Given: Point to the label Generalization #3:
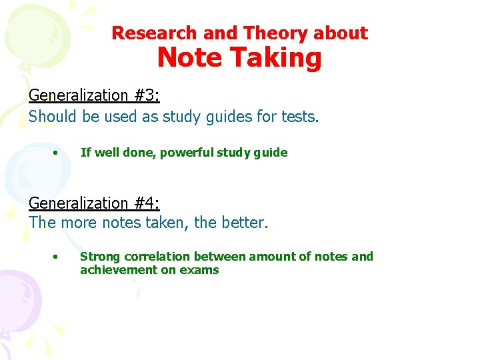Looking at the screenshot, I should point(94,95).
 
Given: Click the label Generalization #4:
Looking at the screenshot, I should point(94,203).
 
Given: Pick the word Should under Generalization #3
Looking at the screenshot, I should point(53,117).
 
